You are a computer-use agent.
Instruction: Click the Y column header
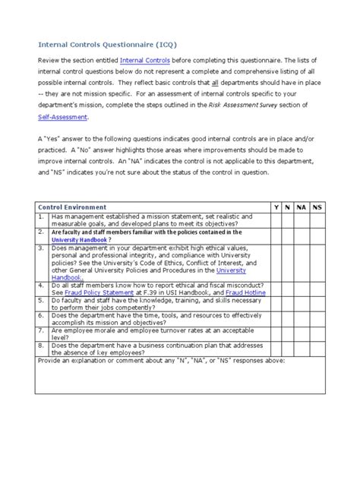[276, 207]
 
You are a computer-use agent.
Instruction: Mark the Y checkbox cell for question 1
[276, 219]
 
